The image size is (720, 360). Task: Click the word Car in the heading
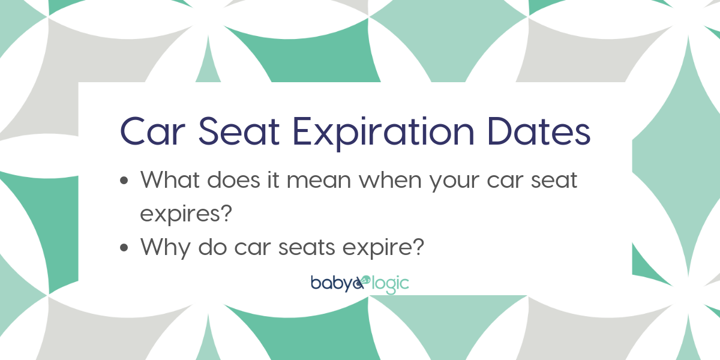(152, 132)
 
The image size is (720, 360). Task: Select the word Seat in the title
(239, 132)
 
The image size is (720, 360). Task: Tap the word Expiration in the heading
(383, 133)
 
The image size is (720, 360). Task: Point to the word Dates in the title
(539, 132)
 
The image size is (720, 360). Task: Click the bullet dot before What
(124, 181)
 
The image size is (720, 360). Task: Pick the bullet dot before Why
(124, 247)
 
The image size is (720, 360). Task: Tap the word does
(233, 179)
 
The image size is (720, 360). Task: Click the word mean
(319, 182)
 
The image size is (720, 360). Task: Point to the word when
(390, 179)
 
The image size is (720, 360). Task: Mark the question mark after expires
(227, 213)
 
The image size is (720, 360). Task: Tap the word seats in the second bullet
(306, 248)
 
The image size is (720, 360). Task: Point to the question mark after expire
(419, 247)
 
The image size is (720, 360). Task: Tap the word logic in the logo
(390, 285)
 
